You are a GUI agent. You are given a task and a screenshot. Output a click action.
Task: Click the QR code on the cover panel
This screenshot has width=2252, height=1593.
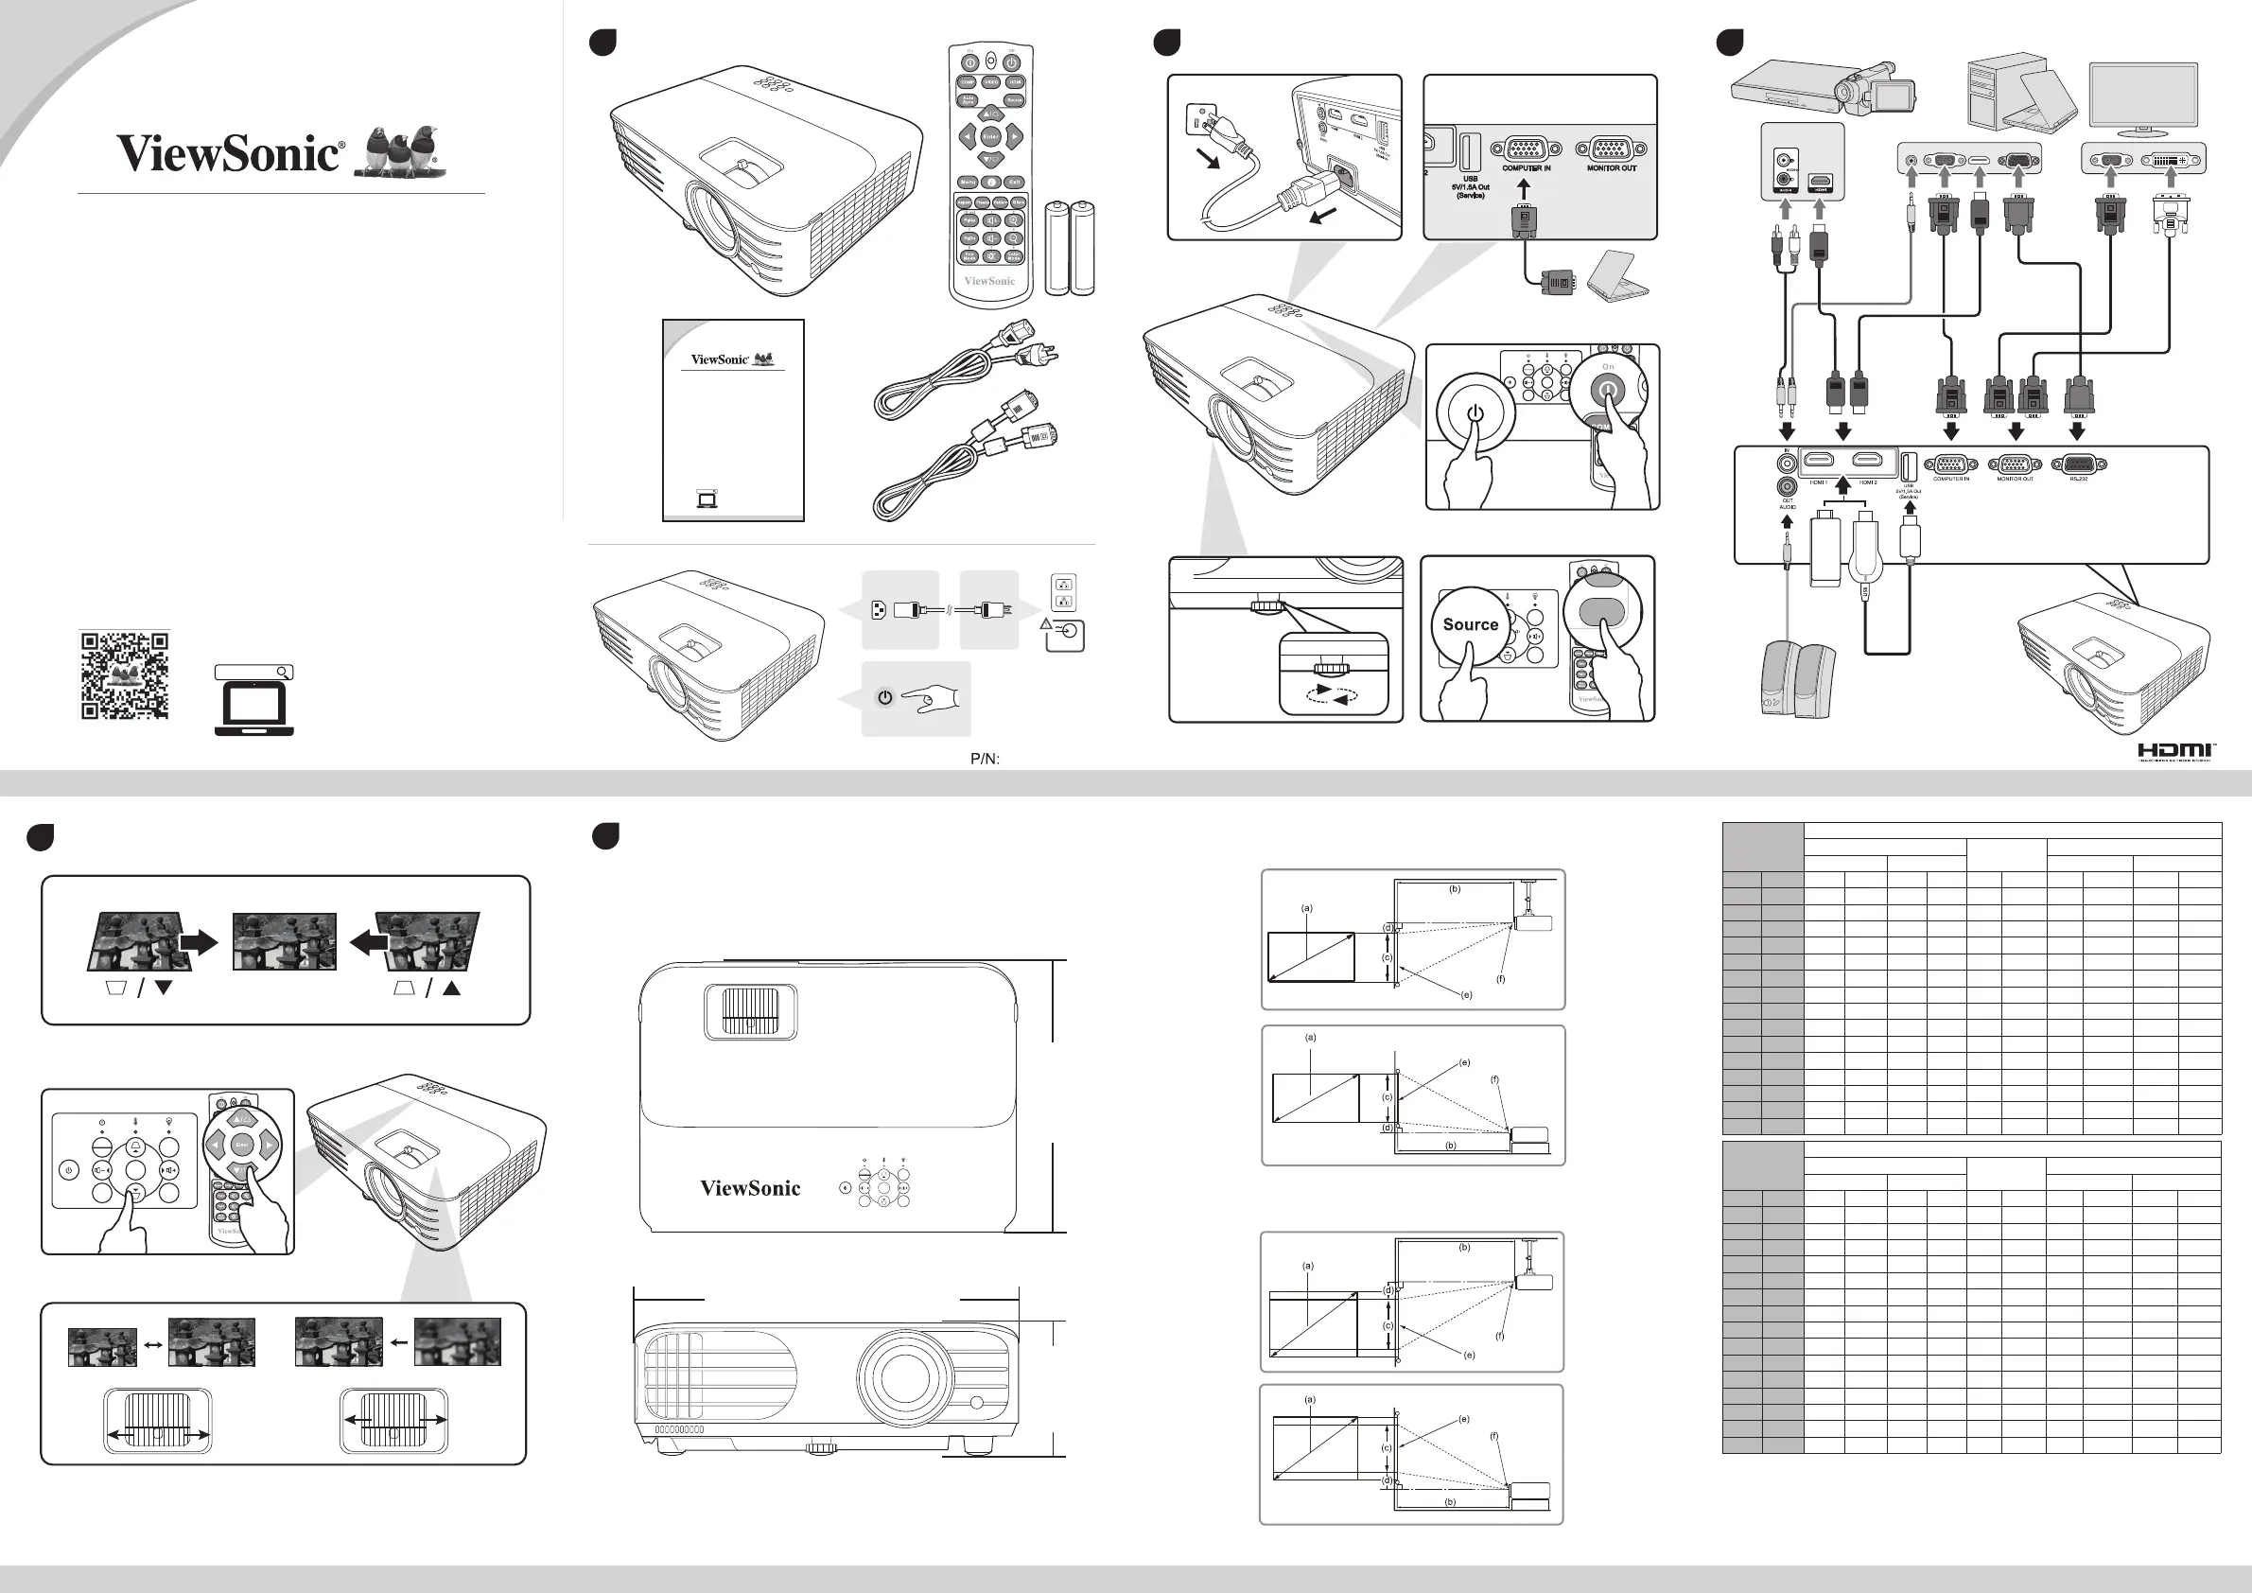coord(125,675)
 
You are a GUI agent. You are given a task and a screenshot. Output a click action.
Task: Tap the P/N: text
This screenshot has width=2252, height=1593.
coord(985,759)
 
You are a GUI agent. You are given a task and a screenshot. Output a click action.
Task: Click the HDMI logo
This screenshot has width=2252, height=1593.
coord(2174,751)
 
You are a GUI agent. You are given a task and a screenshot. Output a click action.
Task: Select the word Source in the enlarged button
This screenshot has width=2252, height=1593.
coord(1470,623)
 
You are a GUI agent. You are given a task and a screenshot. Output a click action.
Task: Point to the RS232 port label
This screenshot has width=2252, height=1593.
coord(2078,480)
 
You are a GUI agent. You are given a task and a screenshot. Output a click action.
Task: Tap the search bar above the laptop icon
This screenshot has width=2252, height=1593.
coord(254,672)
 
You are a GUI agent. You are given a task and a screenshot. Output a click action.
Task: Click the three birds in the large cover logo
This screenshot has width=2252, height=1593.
coord(402,152)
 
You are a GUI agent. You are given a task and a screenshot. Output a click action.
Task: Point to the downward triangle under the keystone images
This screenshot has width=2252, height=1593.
coord(164,989)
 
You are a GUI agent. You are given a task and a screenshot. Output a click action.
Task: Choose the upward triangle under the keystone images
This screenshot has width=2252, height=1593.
coord(451,989)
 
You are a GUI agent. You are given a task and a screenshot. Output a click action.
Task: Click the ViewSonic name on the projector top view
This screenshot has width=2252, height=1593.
coord(750,1189)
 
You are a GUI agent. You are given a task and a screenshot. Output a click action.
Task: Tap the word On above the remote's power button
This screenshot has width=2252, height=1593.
coord(1608,367)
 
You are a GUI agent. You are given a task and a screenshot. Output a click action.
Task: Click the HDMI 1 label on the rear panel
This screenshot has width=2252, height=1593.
coord(1818,482)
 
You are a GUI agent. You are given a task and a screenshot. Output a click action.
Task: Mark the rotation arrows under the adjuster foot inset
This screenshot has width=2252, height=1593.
coord(1333,694)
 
